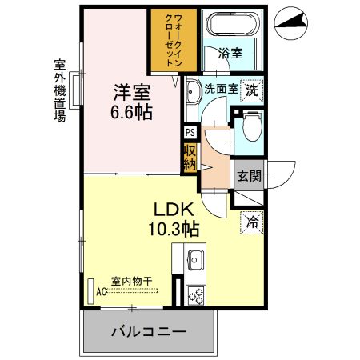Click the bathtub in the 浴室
point(232,24)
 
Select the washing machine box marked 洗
point(251,91)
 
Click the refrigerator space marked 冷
point(252,222)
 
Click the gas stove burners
point(196,296)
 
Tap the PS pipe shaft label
point(190,133)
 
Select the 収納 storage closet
point(190,159)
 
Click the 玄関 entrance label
point(249,175)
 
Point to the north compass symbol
point(291,23)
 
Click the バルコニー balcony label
point(148,332)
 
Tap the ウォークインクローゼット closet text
point(174,40)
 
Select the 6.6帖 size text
point(131,112)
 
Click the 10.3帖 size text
point(174,230)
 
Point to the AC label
point(101,292)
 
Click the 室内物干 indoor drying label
point(131,281)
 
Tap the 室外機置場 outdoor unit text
point(60,90)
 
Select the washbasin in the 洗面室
point(193,91)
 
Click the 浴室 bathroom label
point(230,53)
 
